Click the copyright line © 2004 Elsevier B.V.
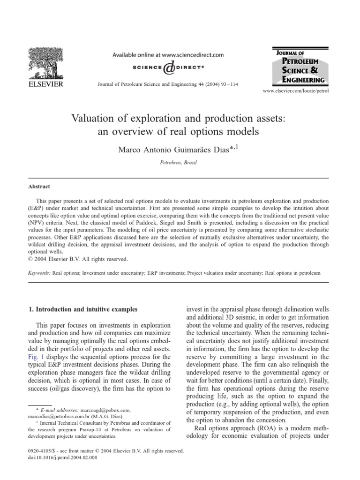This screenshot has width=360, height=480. coord(76,259)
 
